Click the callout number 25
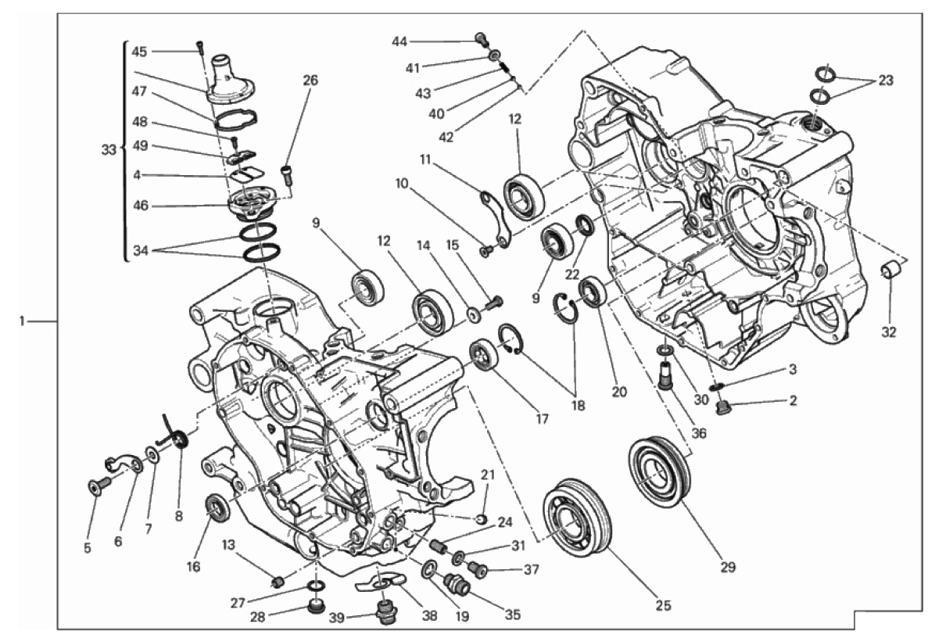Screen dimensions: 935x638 pos(663,605)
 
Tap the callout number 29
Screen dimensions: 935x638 pos(728,566)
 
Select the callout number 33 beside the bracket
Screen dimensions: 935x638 pos(108,149)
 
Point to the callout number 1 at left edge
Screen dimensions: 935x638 pos(21,321)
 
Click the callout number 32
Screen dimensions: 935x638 pos(889,332)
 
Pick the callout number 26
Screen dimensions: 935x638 pos(310,81)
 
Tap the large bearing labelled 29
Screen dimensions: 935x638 pos(660,473)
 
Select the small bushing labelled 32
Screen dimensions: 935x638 pos(891,270)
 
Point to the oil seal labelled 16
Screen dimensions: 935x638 pos(217,507)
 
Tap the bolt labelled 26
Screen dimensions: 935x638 pos(287,175)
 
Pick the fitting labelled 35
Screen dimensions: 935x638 pos(458,582)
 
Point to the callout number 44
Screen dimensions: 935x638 pos(399,41)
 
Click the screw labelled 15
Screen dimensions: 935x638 pos(494,303)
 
